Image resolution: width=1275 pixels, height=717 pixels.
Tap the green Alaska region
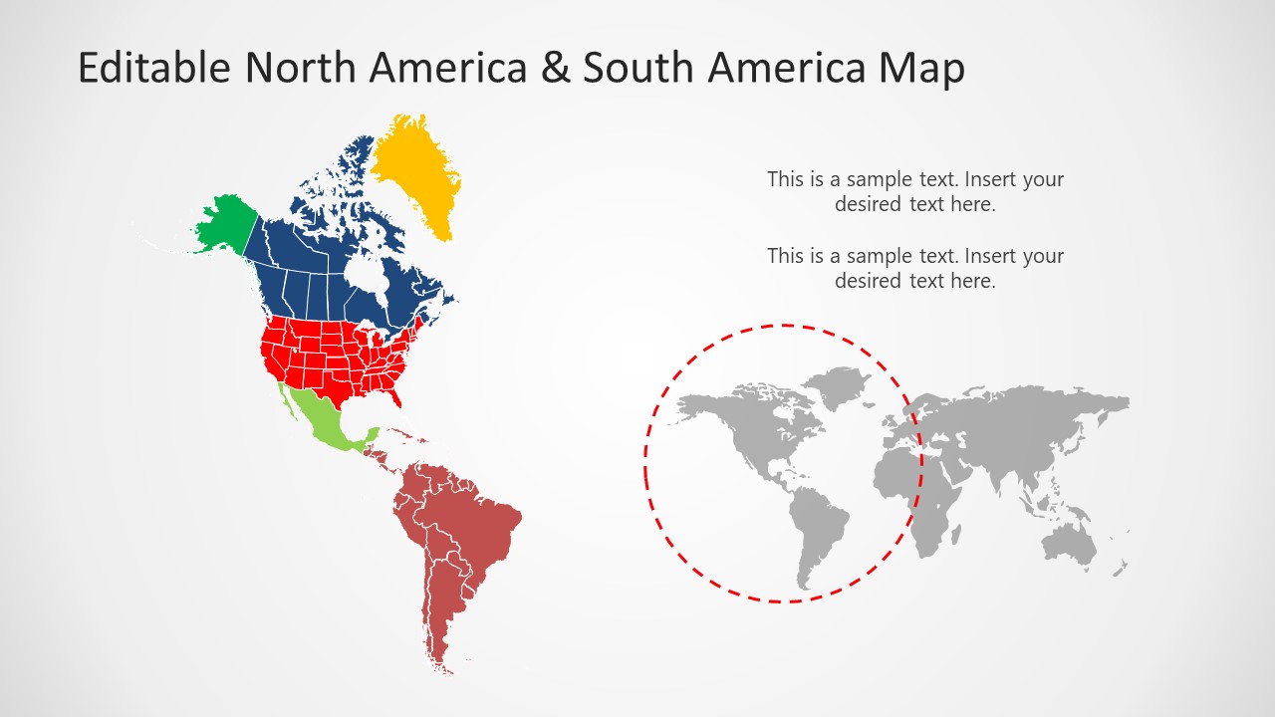point(227,222)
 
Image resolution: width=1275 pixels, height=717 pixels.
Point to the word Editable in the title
point(153,69)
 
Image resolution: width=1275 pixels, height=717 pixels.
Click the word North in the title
point(301,69)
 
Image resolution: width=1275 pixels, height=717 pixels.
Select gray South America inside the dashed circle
point(817,528)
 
